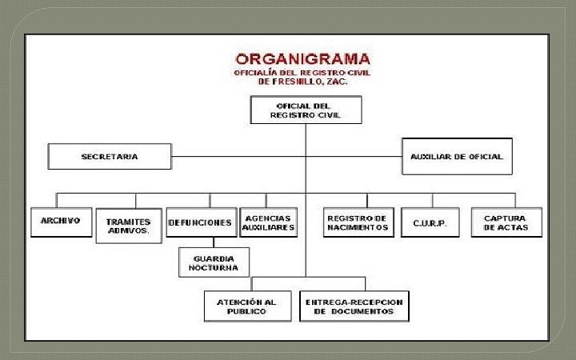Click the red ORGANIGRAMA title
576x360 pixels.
pos(303,59)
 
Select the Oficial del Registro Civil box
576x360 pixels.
pos(306,110)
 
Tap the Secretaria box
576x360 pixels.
pos(110,157)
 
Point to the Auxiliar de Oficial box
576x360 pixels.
pos(456,157)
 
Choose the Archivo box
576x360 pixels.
pos(61,222)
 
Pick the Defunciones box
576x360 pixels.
pos(201,222)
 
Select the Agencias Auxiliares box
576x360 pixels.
pos(269,222)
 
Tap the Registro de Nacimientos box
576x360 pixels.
pos(358,222)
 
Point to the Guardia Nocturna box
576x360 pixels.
pos(214,263)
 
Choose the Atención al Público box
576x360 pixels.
pos(246,306)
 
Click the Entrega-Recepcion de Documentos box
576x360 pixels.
pos(354,306)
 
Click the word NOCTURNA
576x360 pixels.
pos(214,268)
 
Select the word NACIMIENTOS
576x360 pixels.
pos(358,228)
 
